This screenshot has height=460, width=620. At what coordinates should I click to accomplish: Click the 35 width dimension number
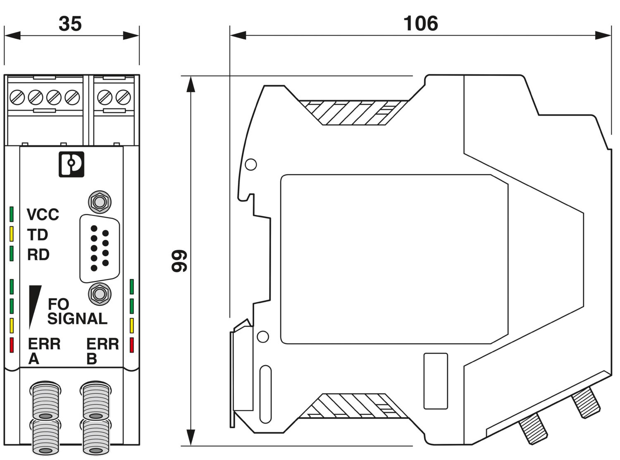coord(70,24)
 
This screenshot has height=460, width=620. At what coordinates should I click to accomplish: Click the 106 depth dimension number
coord(420,24)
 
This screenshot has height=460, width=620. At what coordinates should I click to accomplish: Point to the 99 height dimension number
coord(180,261)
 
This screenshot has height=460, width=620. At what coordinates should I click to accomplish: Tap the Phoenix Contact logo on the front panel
coord(71,164)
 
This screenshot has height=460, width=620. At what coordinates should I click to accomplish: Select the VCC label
coord(43,215)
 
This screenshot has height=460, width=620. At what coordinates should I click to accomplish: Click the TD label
coord(38,235)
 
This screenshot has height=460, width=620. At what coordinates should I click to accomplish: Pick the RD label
coord(38,255)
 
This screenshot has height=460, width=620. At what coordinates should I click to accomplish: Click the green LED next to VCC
coord(12,214)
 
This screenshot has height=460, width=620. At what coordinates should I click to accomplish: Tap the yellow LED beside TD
coord(12,234)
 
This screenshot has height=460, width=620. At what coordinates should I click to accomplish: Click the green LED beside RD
coord(12,254)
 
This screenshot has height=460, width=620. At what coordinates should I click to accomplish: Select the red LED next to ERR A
coord(12,345)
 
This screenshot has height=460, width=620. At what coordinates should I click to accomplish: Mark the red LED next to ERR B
coord(132,345)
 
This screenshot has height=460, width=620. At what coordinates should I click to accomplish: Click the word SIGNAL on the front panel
coord(77,319)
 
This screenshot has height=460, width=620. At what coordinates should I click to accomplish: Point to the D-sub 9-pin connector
coord(100,248)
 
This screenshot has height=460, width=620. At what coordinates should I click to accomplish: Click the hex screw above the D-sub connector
coord(100,202)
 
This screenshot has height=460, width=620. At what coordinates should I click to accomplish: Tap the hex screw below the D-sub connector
coord(100,294)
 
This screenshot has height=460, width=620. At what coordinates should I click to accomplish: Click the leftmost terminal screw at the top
coord(17,98)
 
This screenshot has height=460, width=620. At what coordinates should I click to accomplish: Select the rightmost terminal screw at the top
coord(123,98)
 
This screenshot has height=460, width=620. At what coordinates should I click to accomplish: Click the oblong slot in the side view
coord(266,394)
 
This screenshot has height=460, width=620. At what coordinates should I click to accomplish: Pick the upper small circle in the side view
coord(251,164)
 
